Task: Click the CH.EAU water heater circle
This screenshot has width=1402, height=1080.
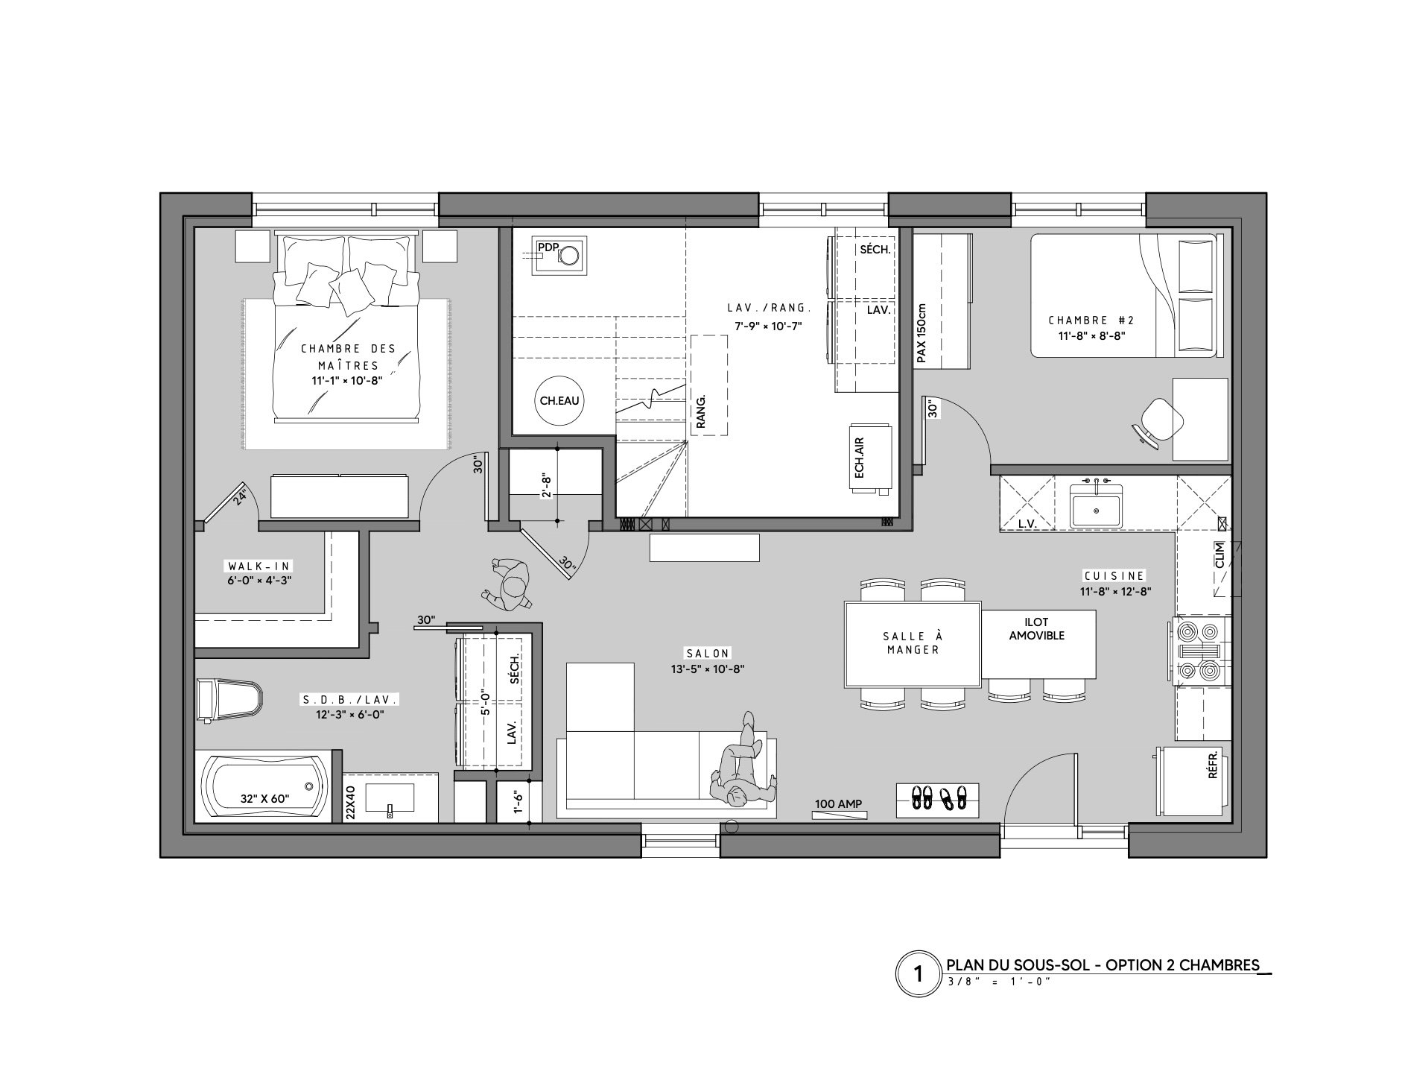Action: [x=559, y=401]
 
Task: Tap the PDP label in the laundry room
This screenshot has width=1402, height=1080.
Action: [x=548, y=247]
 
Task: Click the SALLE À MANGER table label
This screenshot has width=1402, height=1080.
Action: [x=913, y=642]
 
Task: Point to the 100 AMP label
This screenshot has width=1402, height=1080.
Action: [x=839, y=803]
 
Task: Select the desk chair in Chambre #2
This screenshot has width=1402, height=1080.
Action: [x=1155, y=421]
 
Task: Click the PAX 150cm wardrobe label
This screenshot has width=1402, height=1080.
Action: [x=922, y=333]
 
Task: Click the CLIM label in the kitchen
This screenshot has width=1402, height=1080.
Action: [x=1219, y=555]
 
